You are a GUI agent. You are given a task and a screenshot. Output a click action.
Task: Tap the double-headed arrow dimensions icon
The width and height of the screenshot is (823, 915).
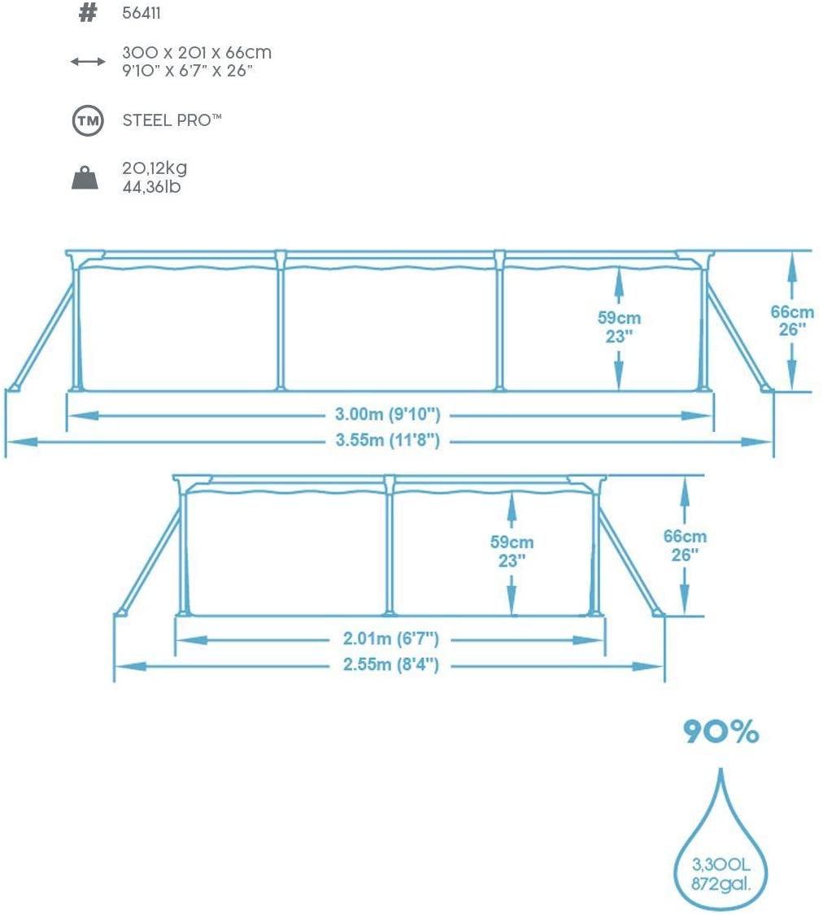pyautogui.click(x=88, y=62)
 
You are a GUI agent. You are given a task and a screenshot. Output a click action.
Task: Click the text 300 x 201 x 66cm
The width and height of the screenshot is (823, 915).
pyautogui.click(x=197, y=54)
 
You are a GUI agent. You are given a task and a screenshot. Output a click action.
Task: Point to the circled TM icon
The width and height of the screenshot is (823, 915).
pyautogui.click(x=88, y=121)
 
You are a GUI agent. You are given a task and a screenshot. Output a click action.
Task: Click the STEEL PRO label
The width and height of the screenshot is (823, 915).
pyautogui.click(x=172, y=120)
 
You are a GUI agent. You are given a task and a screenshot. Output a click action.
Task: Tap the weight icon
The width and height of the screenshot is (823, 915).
pyautogui.click(x=85, y=177)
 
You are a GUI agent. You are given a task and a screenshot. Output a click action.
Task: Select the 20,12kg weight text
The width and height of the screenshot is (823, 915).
pyautogui.click(x=155, y=168)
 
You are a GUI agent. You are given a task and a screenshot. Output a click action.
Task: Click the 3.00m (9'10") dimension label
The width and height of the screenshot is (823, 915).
pyautogui.click(x=388, y=415)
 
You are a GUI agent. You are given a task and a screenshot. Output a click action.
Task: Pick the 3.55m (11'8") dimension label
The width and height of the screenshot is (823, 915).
pyautogui.click(x=388, y=441)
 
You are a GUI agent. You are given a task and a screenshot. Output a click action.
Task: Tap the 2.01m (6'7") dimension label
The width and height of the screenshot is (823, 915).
pyautogui.click(x=388, y=639)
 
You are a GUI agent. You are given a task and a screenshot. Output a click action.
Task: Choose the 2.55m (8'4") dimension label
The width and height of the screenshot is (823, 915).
pyautogui.click(x=388, y=665)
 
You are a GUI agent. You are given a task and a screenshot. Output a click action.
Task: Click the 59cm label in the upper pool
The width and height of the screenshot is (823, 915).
pyautogui.click(x=619, y=317)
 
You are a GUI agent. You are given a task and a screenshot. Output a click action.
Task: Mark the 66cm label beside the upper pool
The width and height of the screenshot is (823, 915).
pyautogui.click(x=792, y=312)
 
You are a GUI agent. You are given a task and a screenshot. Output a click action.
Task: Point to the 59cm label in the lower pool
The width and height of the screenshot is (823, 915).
pyautogui.click(x=512, y=542)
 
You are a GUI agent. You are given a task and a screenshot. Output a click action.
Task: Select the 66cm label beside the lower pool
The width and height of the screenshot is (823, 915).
pyautogui.click(x=685, y=536)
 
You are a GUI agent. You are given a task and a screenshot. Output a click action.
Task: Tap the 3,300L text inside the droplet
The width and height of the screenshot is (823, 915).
pyautogui.click(x=720, y=865)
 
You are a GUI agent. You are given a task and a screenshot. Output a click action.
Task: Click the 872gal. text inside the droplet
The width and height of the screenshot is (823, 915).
pyautogui.click(x=720, y=883)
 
